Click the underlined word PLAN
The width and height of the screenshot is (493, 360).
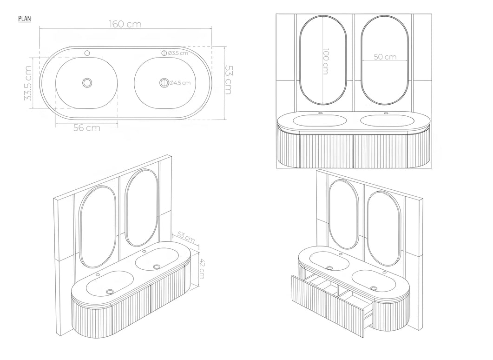24,19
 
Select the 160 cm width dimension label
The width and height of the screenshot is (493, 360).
125,24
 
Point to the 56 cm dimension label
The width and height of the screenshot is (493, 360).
86,128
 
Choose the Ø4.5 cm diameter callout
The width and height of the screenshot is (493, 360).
179,83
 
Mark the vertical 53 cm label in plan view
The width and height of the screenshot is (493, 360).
227,79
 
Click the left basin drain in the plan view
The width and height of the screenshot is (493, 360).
87,82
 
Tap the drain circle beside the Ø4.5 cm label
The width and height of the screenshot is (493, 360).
163,82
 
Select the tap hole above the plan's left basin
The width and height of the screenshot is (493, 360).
87,53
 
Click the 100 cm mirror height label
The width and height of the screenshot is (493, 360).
325,61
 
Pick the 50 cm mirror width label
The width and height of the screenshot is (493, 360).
385,57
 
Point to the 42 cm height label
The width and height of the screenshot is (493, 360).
202,268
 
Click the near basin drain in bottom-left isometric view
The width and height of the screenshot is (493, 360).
110,291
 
